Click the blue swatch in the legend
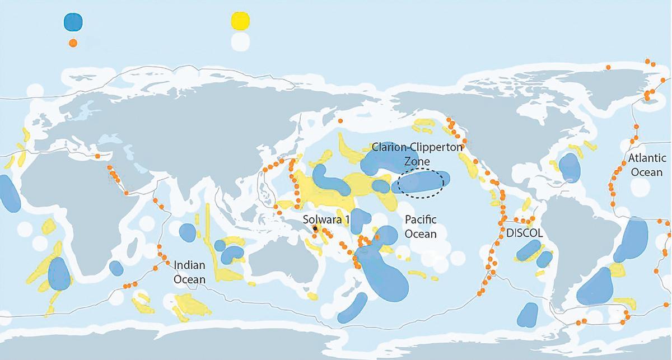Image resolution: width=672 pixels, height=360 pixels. point(73,21)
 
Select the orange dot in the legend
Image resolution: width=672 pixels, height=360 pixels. point(73,42)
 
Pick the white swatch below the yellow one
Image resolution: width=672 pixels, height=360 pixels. point(240,42)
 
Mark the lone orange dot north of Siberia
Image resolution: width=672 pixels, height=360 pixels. point(340,120)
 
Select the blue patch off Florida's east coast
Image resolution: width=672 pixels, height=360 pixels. point(570,167)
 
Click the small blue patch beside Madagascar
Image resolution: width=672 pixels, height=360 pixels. point(116,268)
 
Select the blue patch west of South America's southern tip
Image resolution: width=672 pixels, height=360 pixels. point(527,315)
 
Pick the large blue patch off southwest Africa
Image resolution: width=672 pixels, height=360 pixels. point(59,274)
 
